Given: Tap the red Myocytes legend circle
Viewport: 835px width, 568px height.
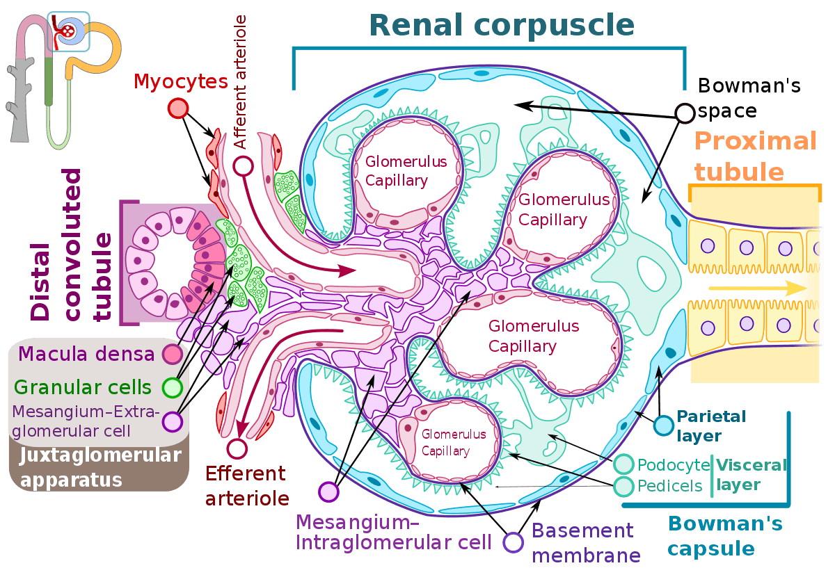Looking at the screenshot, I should point(178,108).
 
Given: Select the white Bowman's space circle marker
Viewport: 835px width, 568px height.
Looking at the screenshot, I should point(685,113).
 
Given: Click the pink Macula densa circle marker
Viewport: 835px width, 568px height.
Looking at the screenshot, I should point(171,355).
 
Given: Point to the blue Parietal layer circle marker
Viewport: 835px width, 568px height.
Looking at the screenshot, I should point(663,425).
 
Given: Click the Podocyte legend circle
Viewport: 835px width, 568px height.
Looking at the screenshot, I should point(624,464).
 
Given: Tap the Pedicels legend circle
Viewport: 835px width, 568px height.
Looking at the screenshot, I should point(624,485).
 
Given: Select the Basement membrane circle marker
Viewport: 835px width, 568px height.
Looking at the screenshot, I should point(514,542).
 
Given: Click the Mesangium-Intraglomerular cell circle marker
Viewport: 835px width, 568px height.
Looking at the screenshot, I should point(328,492).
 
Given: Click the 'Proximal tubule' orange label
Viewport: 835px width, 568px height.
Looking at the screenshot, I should point(754,156).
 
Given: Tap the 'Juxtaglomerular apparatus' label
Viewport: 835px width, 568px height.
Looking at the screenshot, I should point(100,467).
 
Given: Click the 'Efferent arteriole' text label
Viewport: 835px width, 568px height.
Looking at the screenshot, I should point(246,485).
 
